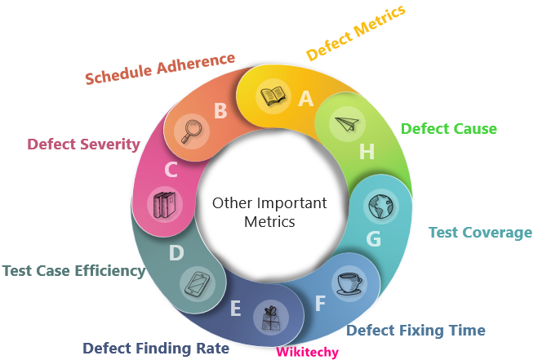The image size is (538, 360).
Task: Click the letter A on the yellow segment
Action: (x=306, y=99)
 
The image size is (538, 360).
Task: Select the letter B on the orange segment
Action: (x=220, y=110)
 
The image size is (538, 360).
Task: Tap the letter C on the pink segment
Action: (x=171, y=170)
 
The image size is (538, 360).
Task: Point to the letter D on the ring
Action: (x=176, y=253)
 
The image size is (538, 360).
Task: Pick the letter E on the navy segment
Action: (x=236, y=309)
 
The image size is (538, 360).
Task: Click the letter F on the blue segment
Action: (x=320, y=304)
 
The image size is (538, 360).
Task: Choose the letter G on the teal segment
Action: (x=373, y=238)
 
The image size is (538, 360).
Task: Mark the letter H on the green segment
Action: (x=367, y=151)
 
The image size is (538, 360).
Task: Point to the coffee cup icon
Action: (x=349, y=282)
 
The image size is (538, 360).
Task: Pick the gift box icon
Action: (x=270, y=317)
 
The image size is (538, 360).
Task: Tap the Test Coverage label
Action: (x=480, y=233)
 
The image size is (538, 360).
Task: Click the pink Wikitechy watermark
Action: (x=307, y=352)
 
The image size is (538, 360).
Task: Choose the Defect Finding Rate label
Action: (x=156, y=348)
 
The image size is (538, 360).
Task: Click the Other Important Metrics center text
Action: (x=269, y=211)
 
